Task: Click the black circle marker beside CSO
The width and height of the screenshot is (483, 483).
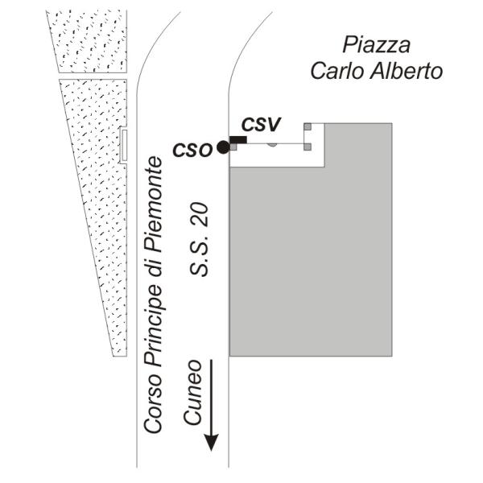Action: [x=223, y=147]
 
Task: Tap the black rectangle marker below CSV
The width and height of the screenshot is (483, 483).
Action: [x=238, y=140]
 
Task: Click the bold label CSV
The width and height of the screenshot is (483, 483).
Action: [x=261, y=125]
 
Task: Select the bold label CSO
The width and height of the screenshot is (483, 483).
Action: [x=193, y=150]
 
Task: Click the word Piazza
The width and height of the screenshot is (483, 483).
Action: [x=377, y=45]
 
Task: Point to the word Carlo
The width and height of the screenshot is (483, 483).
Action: [x=338, y=71]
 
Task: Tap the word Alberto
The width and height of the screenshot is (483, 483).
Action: [x=407, y=71]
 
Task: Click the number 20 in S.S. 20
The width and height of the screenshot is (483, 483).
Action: [x=199, y=215]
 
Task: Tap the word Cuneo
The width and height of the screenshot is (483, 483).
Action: [x=192, y=392]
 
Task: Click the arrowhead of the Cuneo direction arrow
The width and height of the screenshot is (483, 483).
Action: [x=212, y=442]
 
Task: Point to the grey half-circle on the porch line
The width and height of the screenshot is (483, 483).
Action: [x=272, y=145]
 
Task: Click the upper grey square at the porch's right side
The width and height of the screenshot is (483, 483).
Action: [x=308, y=126]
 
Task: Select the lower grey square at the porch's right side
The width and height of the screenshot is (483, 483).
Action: [x=308, y=147]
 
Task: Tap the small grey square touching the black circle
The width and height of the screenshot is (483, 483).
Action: [x=233, y=147]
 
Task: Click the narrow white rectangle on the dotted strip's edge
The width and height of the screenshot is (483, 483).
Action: [x=124, y=145]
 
